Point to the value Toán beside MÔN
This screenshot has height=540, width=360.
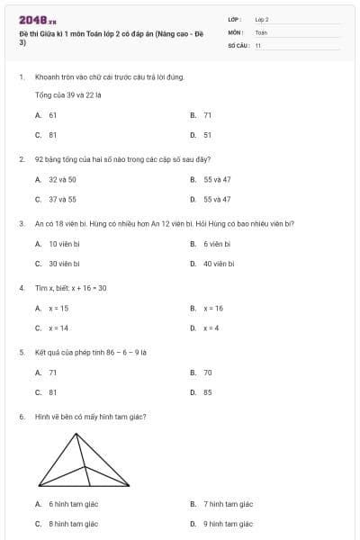tap(261, 31)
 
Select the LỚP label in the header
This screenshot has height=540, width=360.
tap(235, 19)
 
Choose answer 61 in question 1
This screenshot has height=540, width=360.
tap(52, 115)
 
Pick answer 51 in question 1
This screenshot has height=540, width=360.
tap(207, 135)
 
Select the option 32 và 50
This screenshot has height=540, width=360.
tap(62, 179)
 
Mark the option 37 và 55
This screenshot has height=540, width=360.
tap(62, 199)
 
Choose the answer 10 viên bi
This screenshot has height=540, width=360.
tap(65, 244)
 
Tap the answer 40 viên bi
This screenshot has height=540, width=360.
tap(219, 264)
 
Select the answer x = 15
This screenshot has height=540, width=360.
tap(58, 308)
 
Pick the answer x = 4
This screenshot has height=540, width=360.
tap(211, 328)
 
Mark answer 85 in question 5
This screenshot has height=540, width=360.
tap(207, 392)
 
